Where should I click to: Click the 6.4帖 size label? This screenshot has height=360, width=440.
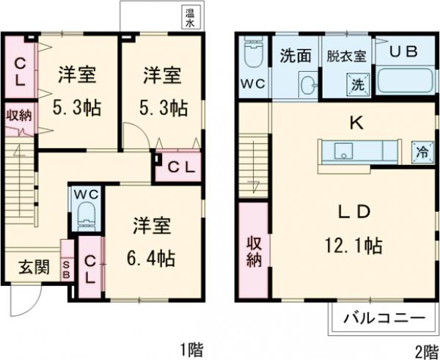point(153,259)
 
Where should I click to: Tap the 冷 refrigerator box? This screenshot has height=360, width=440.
point(422,152)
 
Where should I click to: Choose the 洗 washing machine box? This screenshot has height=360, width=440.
point(357,84)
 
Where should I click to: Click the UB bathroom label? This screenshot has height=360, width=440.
point(403,53)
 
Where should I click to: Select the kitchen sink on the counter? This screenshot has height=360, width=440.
point(342,151)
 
